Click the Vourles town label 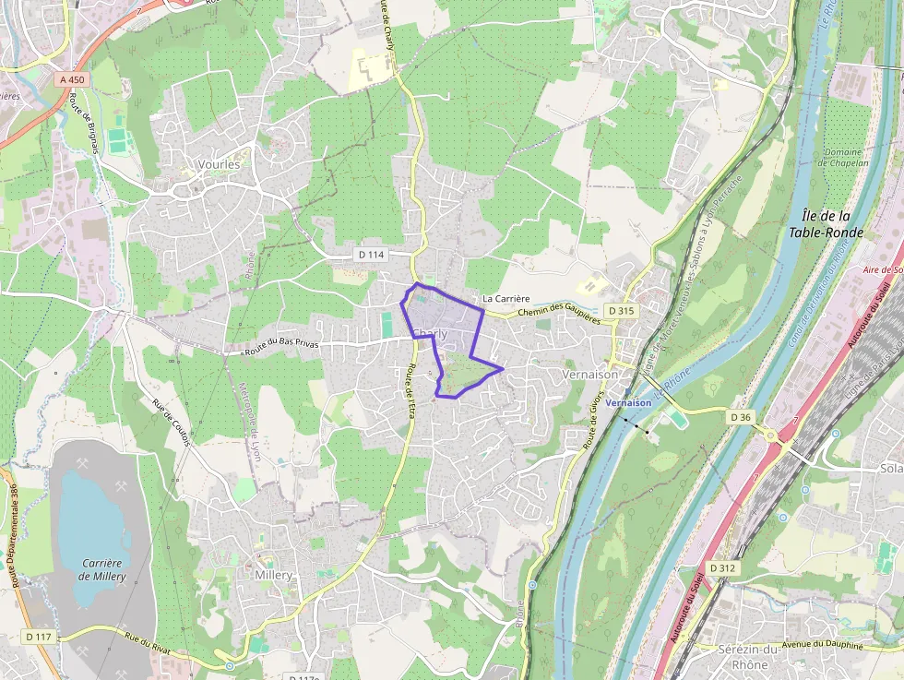point(219,164)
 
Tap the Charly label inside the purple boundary point(430,333)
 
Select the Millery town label point(273,575)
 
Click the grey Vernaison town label point(588,376)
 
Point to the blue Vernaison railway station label point(629,402)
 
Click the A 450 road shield point(72,80)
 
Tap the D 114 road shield point(370,254)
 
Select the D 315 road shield point(621,311)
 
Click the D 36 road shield point(741,417)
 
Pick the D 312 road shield point(723,568)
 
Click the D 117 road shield point(39,637)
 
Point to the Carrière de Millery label point(101,569)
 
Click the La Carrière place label point(506,299)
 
